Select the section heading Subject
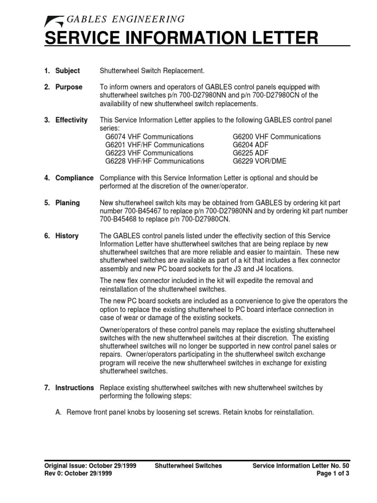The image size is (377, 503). [67, 71]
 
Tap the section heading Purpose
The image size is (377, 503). [69, 87]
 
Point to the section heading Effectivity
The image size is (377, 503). [71, 120]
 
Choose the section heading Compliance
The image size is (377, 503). [74, 177]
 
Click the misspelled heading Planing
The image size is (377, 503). [67, 203]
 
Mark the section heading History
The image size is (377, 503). [67, 236]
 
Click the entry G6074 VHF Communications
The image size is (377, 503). [149, 137]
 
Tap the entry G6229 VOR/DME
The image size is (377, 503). [259, 161]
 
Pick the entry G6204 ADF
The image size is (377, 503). [250, 145]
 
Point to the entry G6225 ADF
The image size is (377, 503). [250, 153]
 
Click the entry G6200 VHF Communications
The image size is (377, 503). [276, 137]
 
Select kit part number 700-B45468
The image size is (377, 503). [121, 219]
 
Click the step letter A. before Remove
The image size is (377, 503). [59, 412]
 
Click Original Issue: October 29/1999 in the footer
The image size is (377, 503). [90, 466]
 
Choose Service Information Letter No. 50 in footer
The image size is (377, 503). [301, 466]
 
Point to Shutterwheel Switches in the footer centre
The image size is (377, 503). [188, 466]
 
